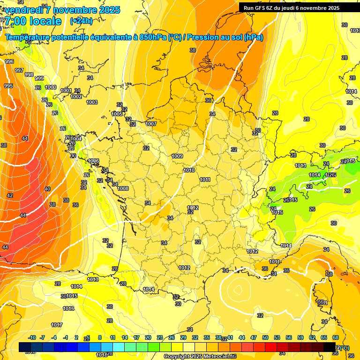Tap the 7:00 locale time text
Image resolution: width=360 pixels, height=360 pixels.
point(33,21)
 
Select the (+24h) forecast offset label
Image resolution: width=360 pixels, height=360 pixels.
point(81,21)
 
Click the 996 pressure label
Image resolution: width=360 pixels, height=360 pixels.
point(9,61)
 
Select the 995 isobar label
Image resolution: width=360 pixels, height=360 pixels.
point(8,86)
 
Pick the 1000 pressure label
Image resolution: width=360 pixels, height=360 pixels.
point(51,88)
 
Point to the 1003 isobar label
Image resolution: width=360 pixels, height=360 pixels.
point(92,102)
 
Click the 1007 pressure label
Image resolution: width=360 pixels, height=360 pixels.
point(150,124)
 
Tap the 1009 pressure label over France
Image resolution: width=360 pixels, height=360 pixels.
point(177,156)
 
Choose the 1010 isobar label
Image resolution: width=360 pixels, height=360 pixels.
point(189,171)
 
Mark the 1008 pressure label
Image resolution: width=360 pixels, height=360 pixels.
point(123,188)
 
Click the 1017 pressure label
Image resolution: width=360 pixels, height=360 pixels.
point(57,325)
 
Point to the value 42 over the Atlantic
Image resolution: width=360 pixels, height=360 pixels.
point(10,195)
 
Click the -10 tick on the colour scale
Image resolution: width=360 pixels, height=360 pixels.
point(32,337)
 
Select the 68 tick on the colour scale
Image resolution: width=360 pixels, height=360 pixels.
point(336,337)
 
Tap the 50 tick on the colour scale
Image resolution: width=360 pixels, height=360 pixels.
point(265,337)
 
